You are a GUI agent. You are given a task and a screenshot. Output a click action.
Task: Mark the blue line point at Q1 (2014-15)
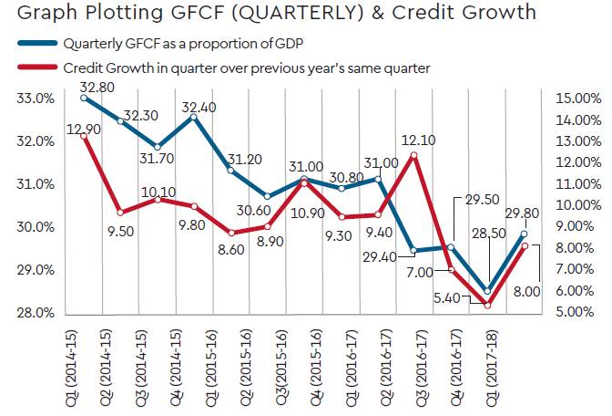[x=84, y=98]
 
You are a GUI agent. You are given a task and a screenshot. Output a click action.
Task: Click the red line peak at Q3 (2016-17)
[x=413, y=155]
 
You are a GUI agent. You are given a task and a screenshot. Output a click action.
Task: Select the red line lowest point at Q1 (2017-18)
[x=487, y=305]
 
